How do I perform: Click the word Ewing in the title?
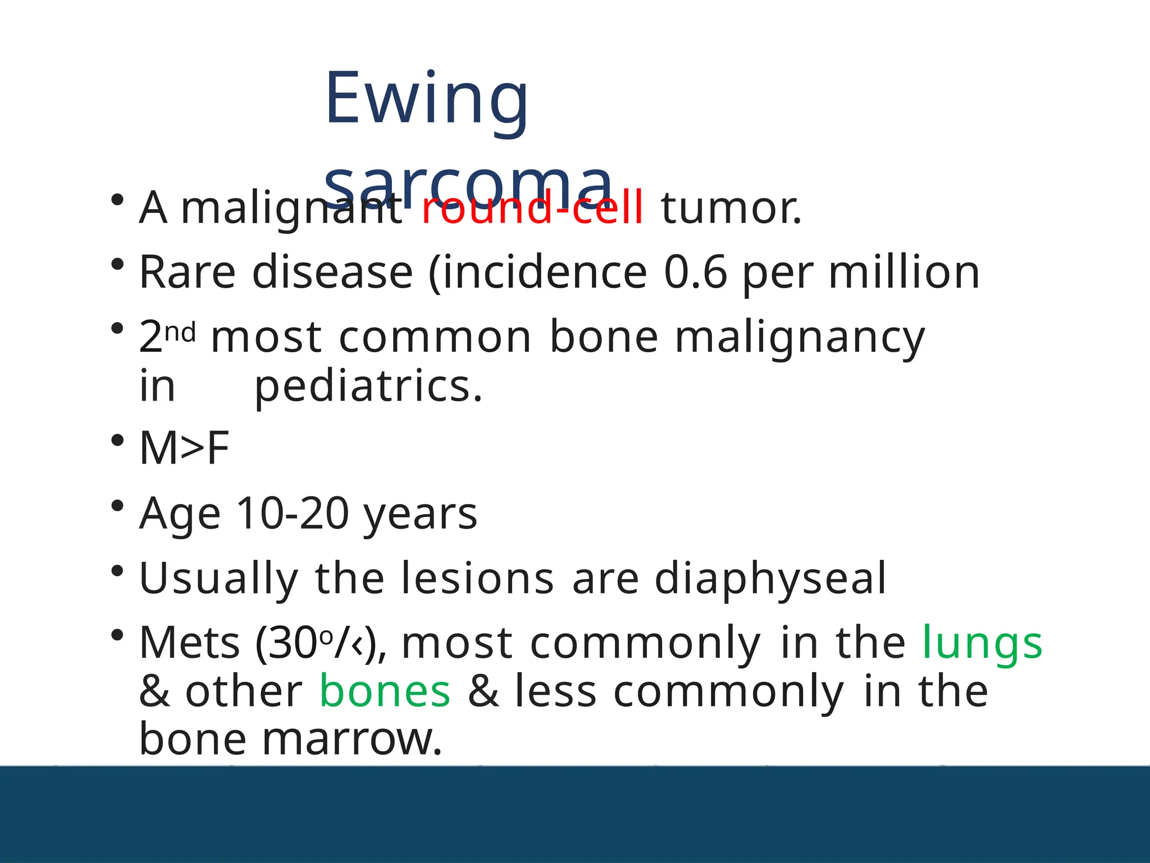click(x=427, y=100)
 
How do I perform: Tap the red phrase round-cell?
click(x=532, y=208)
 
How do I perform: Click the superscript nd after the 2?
click(x=180, y=332)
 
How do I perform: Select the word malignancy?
click(x=800, y=338)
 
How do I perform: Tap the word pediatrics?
click(x=368, y=387)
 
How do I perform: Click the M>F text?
click(x=184, y=448)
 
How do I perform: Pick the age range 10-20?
click(x=293, y=513)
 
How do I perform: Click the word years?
click(x=420, y=515)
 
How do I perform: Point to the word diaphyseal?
click(x=770, y=579)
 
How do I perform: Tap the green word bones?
click(x=385, y=692)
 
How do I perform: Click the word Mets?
click(x=190, y=643)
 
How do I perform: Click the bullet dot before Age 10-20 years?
click(x=117, y=506)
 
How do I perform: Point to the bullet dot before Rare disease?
click(x=117, y=264)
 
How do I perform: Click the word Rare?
click(x=187, y=272)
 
